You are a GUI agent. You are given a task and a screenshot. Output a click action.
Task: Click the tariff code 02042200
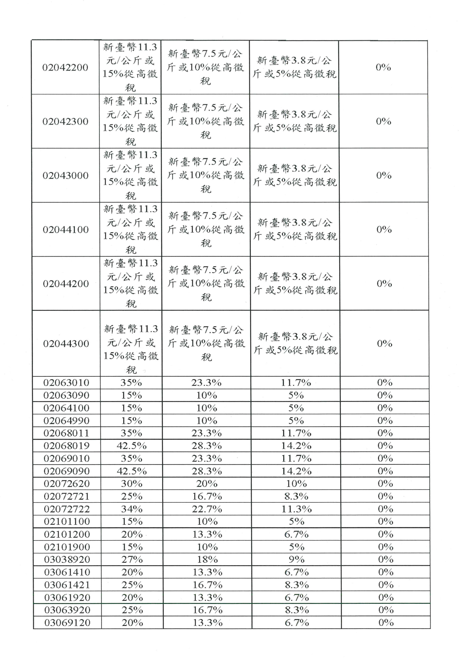65,68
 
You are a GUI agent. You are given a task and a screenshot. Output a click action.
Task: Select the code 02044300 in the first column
66,344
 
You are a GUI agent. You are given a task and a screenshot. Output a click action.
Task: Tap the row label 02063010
66,383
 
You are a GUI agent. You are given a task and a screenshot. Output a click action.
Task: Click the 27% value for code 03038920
132,559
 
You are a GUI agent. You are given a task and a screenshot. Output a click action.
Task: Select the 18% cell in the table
207,559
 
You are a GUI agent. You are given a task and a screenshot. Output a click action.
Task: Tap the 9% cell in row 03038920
296,559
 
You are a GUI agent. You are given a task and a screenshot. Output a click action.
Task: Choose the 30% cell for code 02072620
132,484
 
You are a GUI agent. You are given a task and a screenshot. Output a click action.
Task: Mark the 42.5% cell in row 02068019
131,446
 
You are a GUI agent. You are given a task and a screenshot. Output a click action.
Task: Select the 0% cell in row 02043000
384,175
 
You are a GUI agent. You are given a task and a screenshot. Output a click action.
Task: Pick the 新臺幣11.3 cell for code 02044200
131,284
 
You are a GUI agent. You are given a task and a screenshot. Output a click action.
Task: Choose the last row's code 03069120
67,622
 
